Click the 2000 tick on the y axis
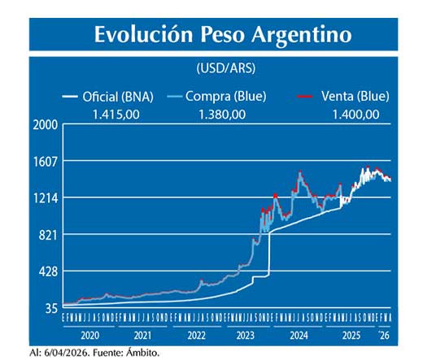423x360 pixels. coord(45,124)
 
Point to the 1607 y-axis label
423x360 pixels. coord(45,161)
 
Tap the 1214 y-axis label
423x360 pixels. coord(45,197)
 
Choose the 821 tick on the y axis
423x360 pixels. coord(47,235)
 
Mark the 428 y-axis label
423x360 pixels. coord(47,271)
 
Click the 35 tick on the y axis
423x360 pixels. coord(50,308)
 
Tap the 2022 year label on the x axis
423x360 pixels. coord(196,335)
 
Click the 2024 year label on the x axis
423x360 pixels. coord(299,335)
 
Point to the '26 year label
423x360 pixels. coord(384,335)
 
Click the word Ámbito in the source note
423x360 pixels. coord(142,353)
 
